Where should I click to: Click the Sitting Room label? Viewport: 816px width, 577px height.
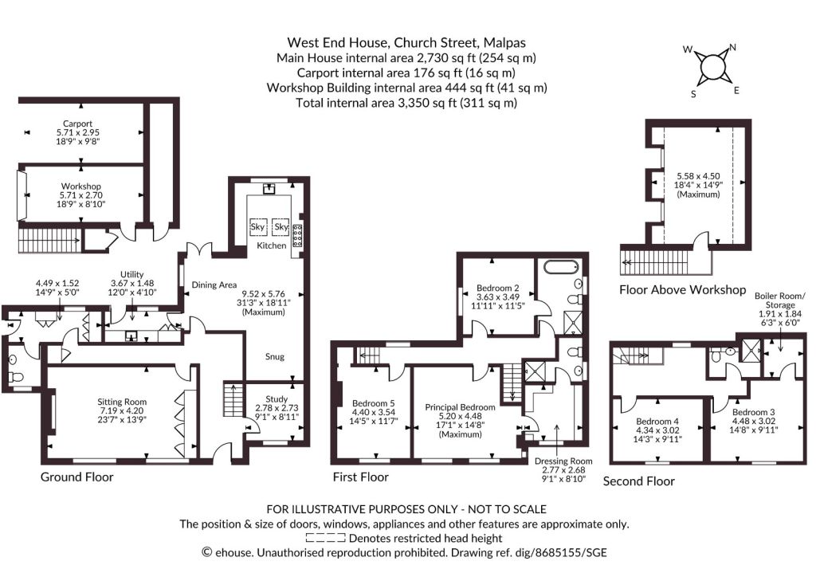[x=122, y=402]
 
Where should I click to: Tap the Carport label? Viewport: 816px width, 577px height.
[x=77, y=124]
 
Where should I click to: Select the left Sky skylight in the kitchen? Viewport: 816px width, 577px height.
[x=258, y=227]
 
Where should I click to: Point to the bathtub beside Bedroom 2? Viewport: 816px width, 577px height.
[x=561, y=268]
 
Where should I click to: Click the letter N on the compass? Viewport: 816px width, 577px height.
[x=732, y=48]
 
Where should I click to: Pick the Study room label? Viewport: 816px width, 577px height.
[x=277, y=399]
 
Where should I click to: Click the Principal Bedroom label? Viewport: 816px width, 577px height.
[x=460, y=407]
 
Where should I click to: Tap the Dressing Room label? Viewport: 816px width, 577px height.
[x=563, y=461]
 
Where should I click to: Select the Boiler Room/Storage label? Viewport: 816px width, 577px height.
[x=780, y=300]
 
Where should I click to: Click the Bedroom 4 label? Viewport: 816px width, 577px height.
[x=657, y=421]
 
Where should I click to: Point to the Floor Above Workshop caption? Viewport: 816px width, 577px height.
[x=682, y=290]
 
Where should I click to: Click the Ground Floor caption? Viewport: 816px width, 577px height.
[x=77, y=477]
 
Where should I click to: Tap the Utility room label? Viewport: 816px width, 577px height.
[x=131, y=274]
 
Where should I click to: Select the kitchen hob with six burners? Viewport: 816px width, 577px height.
[x=298, y=236]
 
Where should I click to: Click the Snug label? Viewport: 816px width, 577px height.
[x=275, y=356]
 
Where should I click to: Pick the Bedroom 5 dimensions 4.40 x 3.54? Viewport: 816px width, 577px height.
[x=373, y=412]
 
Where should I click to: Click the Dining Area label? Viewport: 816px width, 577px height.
[x=214, y=285]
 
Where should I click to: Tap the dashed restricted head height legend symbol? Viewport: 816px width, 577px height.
[x=325, y=538]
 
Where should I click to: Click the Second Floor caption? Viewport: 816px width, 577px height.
[x=638, y=481]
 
